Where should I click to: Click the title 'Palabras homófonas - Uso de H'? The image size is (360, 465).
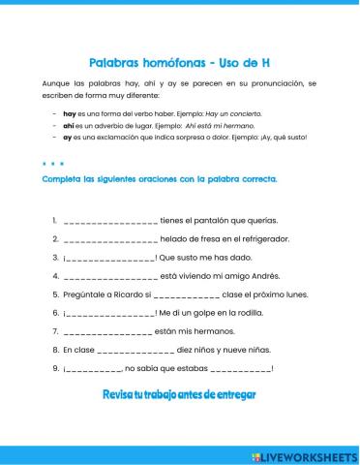point(180,61)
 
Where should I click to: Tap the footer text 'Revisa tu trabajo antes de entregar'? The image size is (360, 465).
point(179,395)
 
